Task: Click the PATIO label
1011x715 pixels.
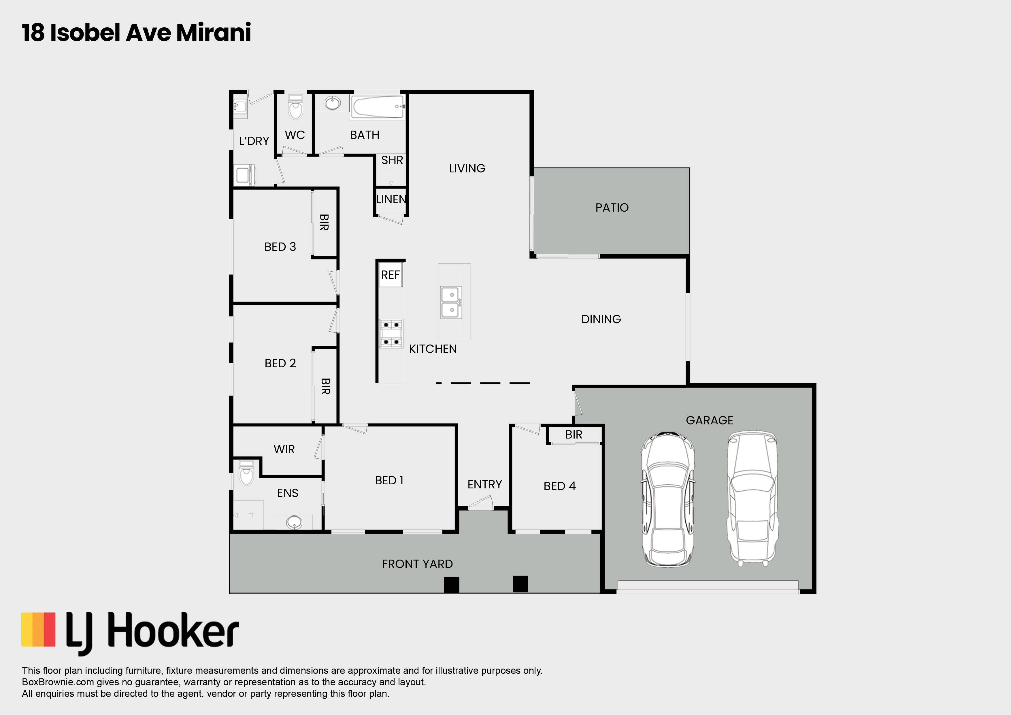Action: tap(612, 208)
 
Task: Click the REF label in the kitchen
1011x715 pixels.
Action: tap(390, 275)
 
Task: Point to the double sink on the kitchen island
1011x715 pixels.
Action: tap(451, 302)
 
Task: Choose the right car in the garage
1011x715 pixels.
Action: tap(752, 498)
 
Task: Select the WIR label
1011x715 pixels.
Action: tap(284, 449)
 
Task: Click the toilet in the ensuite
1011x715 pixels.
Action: tap(246, 473)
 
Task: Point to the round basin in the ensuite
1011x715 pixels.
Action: tap(294, 522)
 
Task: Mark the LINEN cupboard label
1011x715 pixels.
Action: tap(391, 199)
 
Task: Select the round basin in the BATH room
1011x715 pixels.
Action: tap(333, 103)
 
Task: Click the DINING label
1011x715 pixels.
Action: tap(601, 319)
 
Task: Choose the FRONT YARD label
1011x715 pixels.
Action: tap(417, 564)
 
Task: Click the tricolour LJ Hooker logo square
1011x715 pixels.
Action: tap(38, 630)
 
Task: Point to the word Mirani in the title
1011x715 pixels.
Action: tap(214, 33)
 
